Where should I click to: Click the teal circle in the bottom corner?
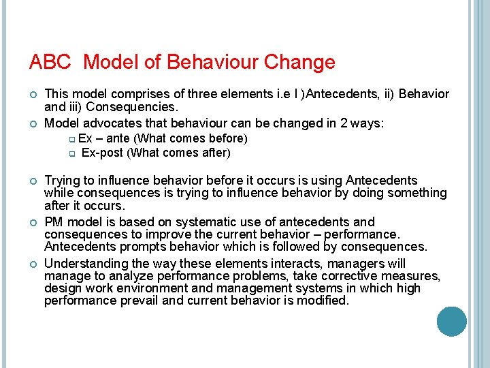pos(451,321)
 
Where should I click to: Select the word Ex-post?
pos(101,153)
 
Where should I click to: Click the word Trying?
pos(63,181)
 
